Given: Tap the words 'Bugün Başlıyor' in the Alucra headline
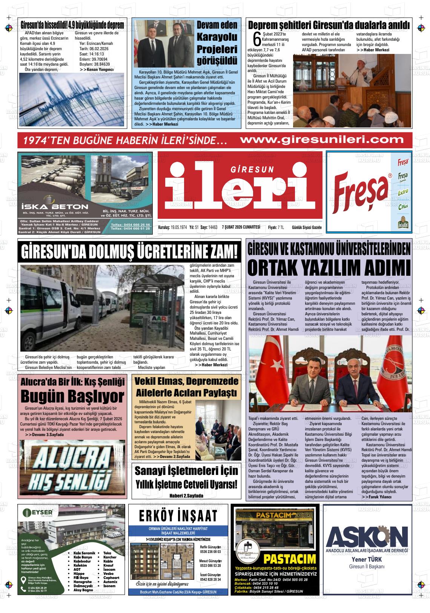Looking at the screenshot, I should pyautogui.click(x=72, y=396).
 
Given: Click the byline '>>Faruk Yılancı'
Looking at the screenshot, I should pyautogui.click(x=376, y=497).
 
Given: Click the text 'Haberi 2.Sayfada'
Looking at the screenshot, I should pyautogui.click(x=186, y=495).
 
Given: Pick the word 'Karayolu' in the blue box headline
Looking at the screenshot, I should pyautogui.click(x=217, y=37).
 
